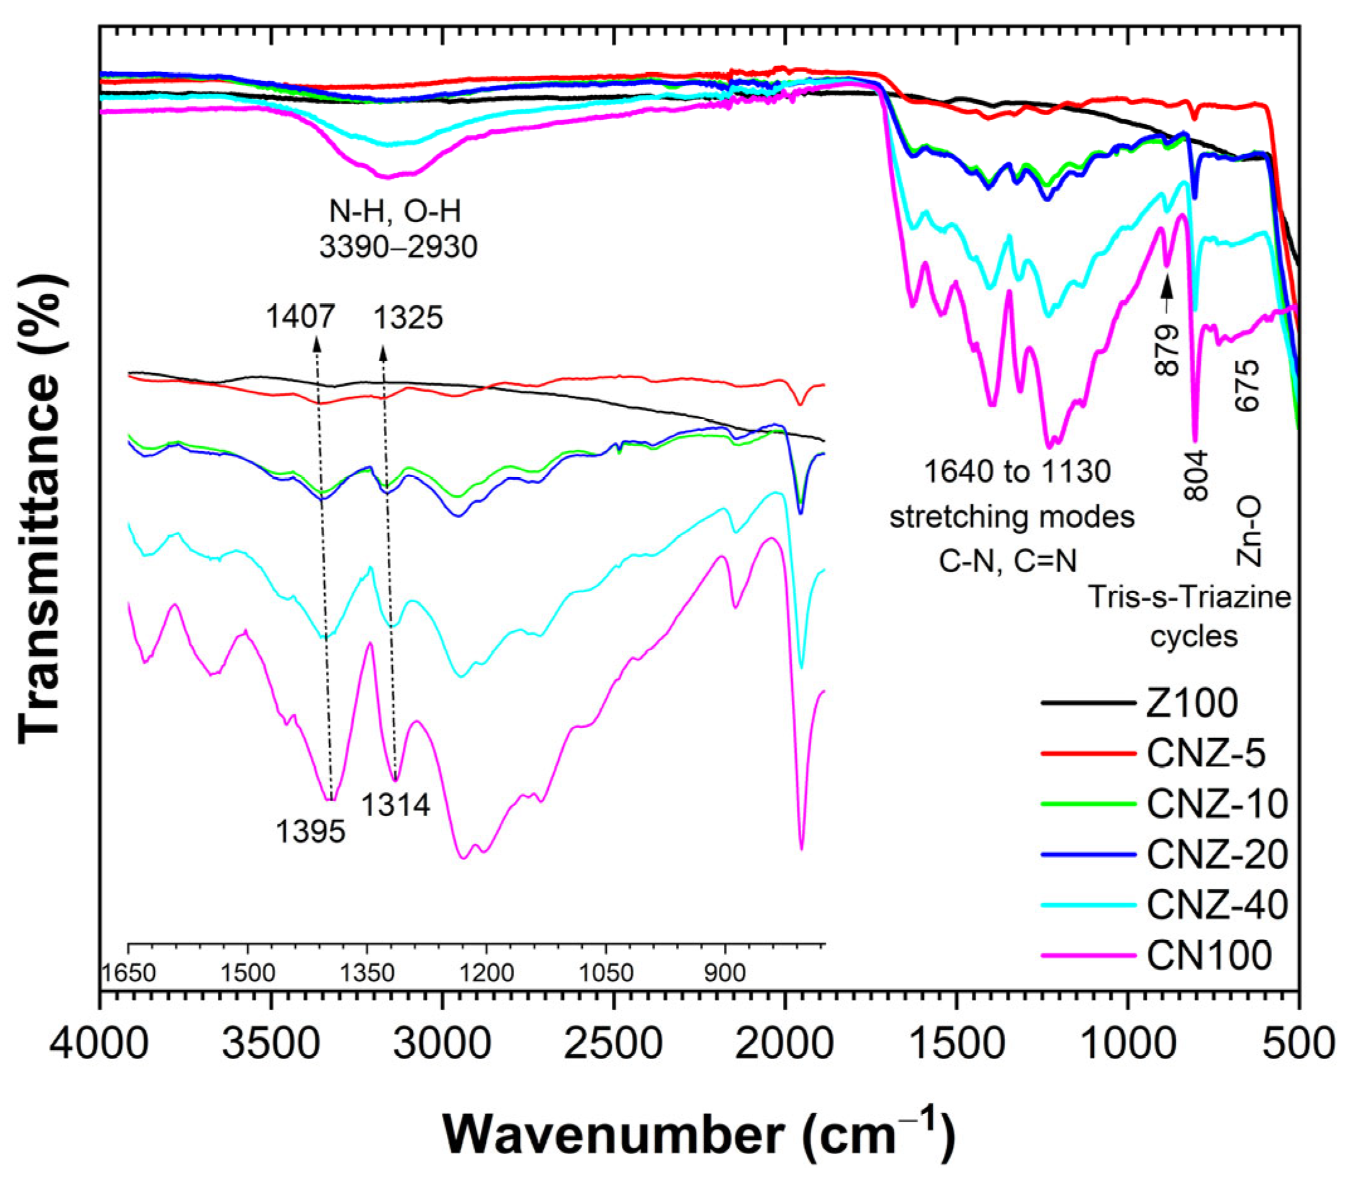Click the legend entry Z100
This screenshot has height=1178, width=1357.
coord(1191,703)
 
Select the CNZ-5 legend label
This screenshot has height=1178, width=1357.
coord(1206,753)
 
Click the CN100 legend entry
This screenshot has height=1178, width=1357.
coord(1209,955)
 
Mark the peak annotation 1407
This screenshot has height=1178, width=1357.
coord(300,318)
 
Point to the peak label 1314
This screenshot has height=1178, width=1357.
coord(396,805)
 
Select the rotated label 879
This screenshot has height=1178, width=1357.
coord(1168,351)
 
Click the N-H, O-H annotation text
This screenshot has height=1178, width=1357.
coord(395,211)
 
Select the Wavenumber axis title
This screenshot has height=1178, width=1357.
coord(698,1135)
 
